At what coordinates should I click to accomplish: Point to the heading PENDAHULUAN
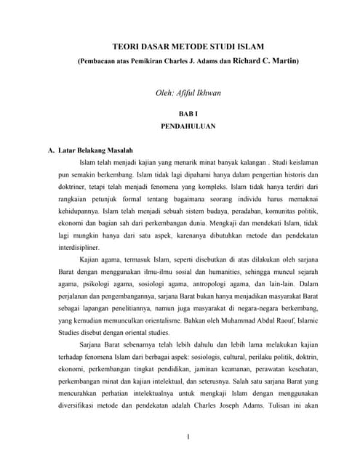(188, 126)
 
